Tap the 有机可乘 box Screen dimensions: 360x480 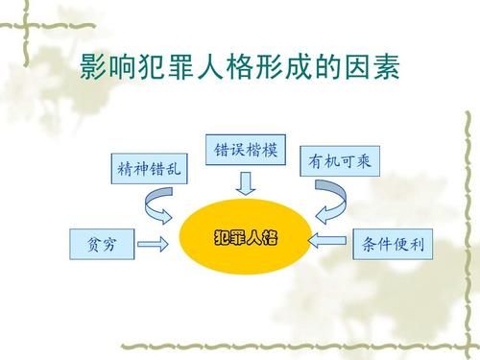pyautogui.click(x=341, y=162)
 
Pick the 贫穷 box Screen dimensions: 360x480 pyautogui.click(x=98, y=244)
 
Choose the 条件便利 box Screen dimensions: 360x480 pyautogui.click(x=395, y=244)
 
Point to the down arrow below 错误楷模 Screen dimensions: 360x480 pyautogui.click(x=246, y=181)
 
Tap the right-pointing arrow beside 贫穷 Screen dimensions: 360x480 pyautogui.click(x=154, y=245)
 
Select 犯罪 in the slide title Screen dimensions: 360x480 pyautogui.click(x=171, y=70)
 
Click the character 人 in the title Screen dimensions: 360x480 pyautogui.click(x=213, y=70)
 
